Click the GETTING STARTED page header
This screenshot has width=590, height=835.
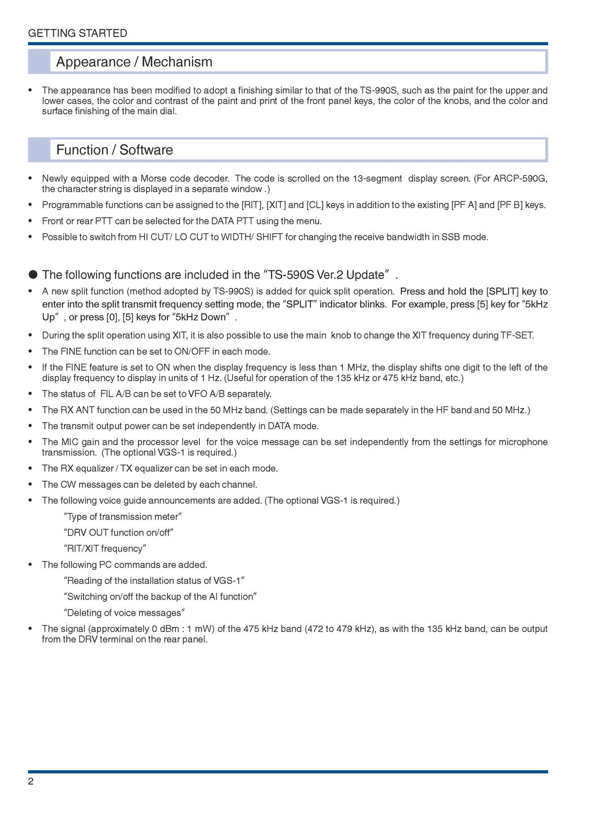coord(78,33)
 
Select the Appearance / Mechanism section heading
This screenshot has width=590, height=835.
coord(134,62)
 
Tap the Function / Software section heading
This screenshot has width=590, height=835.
coord(114,150)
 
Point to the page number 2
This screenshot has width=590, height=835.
coord(31,781)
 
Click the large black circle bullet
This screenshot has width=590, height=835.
coord(33,275)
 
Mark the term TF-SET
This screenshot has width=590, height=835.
coord(517,336)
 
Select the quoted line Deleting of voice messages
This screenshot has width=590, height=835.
coord(125,613)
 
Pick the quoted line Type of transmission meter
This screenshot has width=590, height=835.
coord(123,517)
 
